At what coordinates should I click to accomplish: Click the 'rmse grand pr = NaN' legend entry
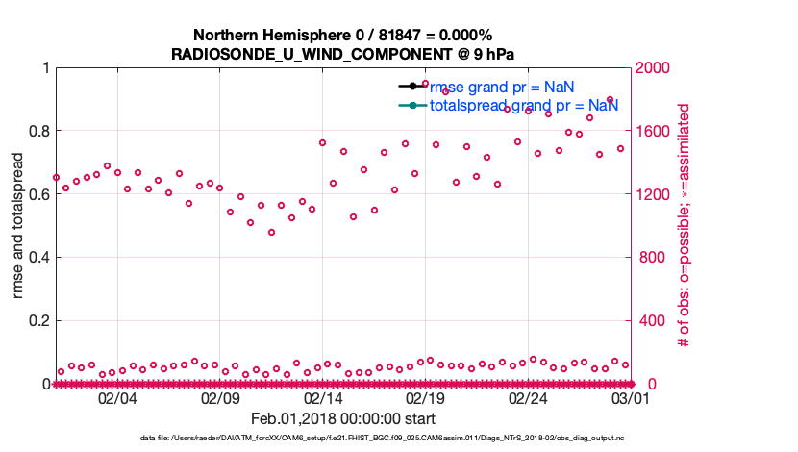[501, 88]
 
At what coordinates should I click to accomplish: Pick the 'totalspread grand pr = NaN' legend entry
[523, 105]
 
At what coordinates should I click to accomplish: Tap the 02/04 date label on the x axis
[117, 398]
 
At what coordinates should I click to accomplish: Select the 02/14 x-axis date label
[323, 398]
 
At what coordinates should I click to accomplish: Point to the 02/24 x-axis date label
[528, 398]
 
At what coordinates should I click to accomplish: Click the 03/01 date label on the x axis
[631, 398]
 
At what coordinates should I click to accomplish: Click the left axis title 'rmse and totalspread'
[19, 226]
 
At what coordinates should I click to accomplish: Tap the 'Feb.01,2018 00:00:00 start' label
[342, 419]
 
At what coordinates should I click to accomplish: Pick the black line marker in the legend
[412, 88]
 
